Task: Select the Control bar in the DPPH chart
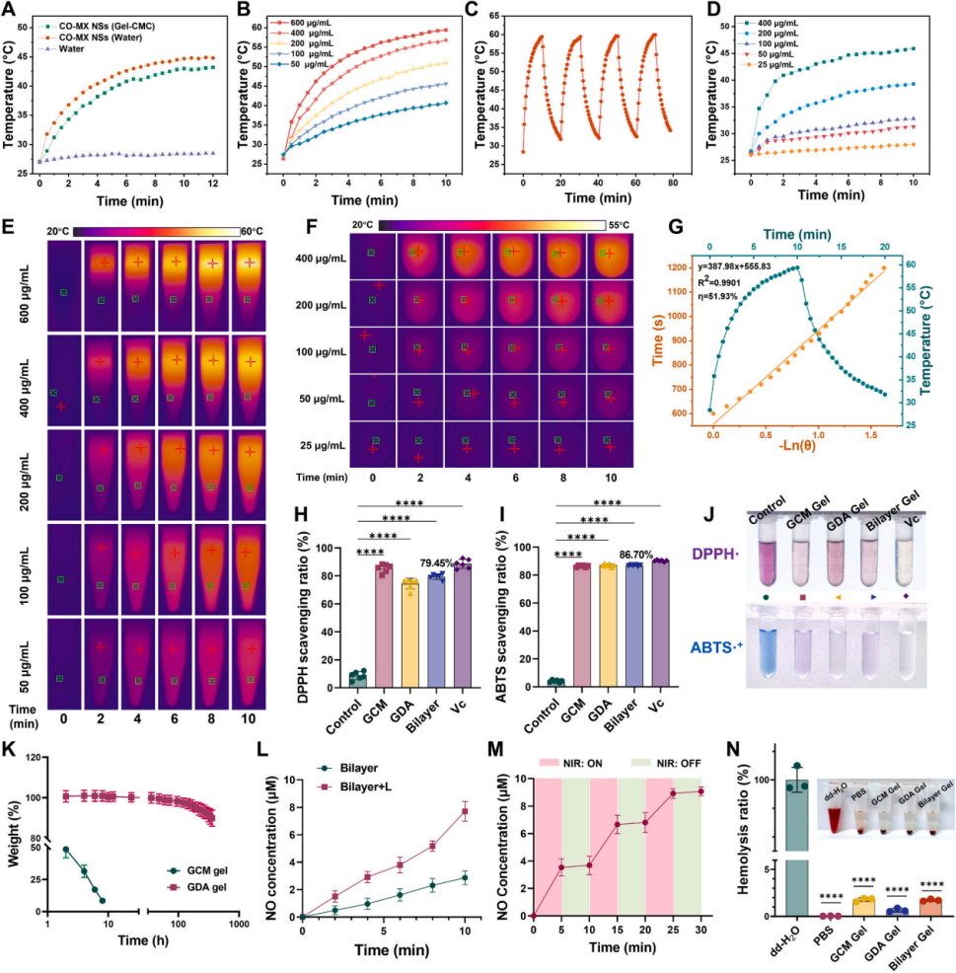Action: (356, 676)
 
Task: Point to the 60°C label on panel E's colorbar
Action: (253, 231)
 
